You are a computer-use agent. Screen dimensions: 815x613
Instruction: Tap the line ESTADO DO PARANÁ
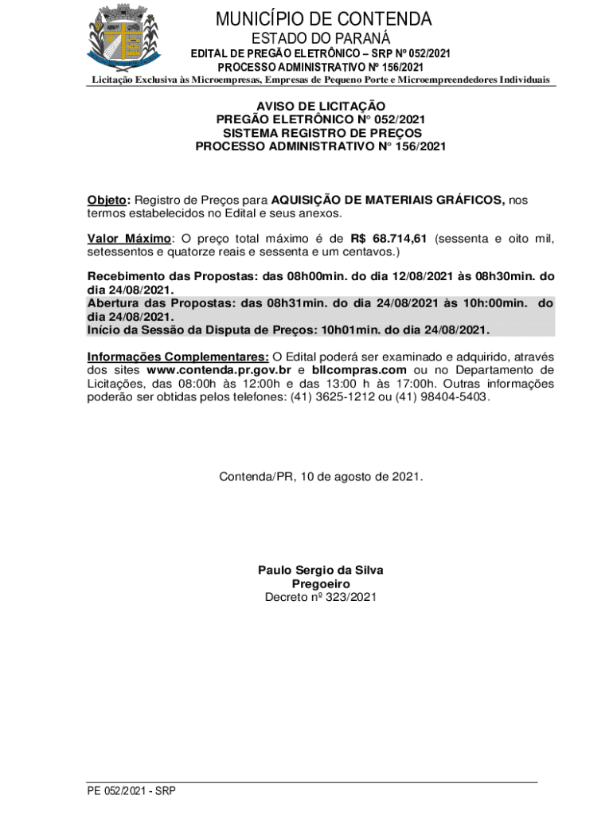tap(320, 38)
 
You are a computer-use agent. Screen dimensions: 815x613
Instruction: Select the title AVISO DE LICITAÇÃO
tap(320, 106)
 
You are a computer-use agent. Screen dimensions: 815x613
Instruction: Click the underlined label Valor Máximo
tap(129, 239)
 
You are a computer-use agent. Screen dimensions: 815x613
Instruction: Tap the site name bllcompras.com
tap(359, 370)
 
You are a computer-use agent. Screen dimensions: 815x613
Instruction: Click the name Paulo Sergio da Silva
tap(320, 570)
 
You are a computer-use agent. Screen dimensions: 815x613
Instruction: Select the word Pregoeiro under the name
tap(320, 583)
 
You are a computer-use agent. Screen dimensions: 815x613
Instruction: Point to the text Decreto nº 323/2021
tap(320, 597)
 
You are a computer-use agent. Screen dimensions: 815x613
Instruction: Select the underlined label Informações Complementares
tap(178, 357)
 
